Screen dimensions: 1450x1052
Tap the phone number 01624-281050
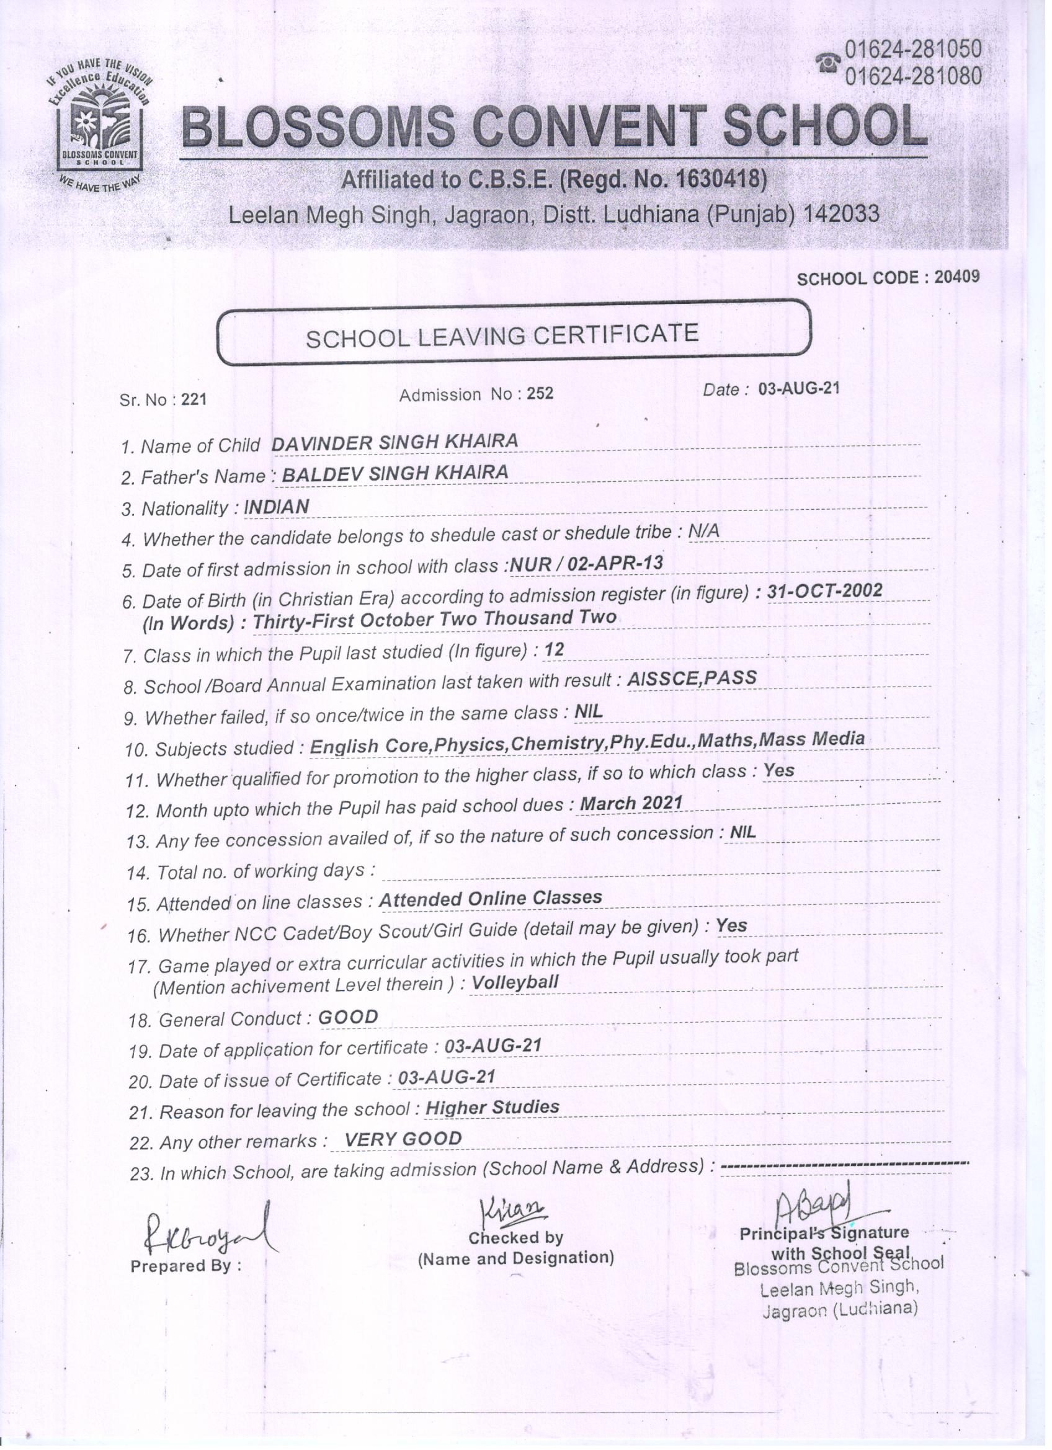coord(912,48)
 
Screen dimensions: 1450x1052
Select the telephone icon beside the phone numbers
coord(829,64)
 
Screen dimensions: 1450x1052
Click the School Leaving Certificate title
coord(501,335)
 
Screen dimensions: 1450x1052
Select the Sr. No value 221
coord(194,399)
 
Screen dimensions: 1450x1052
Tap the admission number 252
coord(540,393)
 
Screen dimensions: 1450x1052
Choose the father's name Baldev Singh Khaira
coord(395,473)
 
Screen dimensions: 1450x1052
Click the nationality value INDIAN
coord(277,507)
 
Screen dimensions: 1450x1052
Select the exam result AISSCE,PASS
coord(692,678)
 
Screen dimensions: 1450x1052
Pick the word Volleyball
coord(515,982)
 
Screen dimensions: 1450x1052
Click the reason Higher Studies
coord(493,1106)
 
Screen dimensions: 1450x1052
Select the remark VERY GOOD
coord(403,1139)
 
